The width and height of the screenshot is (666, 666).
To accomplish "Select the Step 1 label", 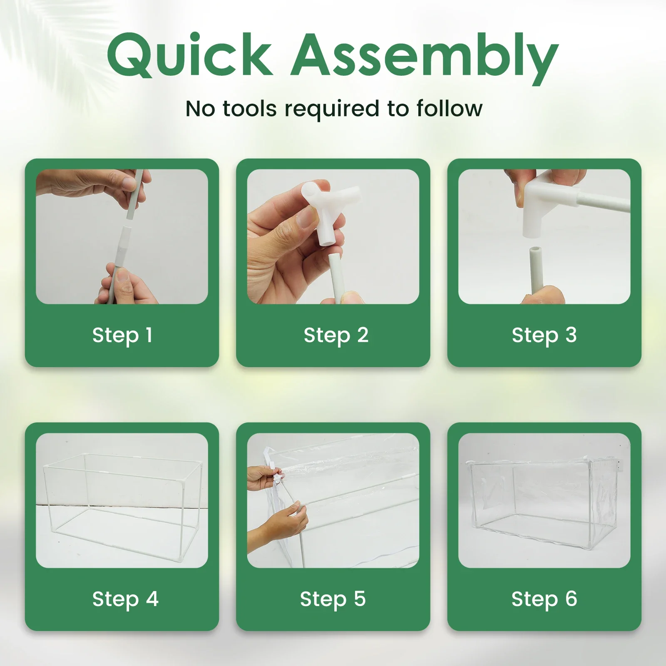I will coord(122,335).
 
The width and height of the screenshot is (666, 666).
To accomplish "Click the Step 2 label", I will coord(335,335).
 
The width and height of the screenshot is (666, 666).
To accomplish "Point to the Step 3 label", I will coord(544,335).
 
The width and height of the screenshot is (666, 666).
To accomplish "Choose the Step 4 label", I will coord(125,599).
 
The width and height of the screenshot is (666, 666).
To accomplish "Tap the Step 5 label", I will coord(333,599).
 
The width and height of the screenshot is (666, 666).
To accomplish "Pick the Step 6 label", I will coord(544,599).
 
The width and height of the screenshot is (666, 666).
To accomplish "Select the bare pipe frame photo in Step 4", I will coord(122,500).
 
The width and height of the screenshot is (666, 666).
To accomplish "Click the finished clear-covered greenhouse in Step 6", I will coord(544,500).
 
